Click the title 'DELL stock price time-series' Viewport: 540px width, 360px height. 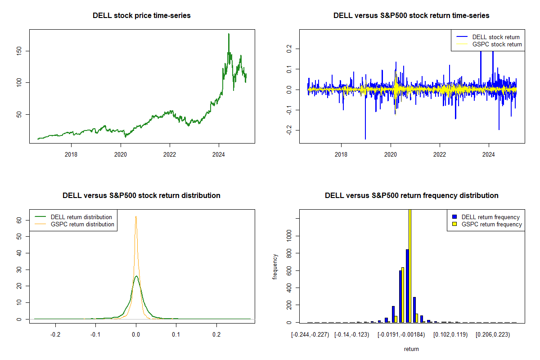142,15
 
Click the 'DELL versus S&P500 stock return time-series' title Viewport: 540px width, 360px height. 411,15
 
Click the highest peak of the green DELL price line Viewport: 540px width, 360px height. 229,34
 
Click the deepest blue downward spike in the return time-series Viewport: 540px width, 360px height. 365,138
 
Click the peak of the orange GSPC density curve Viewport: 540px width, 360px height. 136,216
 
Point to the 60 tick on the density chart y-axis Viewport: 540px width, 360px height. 19,220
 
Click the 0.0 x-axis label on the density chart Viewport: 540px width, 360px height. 136,335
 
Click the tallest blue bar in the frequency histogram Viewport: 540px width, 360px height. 407,286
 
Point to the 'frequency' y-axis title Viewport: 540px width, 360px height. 275,267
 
